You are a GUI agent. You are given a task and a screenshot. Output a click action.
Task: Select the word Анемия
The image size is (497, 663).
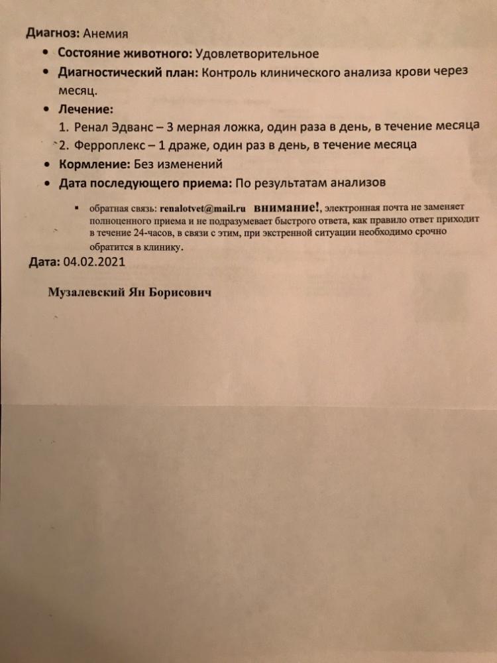coord(107,32)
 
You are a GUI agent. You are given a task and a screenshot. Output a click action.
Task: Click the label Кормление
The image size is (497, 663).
coord(94,163)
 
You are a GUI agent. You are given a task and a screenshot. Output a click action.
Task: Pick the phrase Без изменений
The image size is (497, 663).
coord(178,163)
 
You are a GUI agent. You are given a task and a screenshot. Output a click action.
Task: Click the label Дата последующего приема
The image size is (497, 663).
coord(145,182)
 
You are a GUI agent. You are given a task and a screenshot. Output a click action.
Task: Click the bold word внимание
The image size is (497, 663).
coord(278,206)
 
